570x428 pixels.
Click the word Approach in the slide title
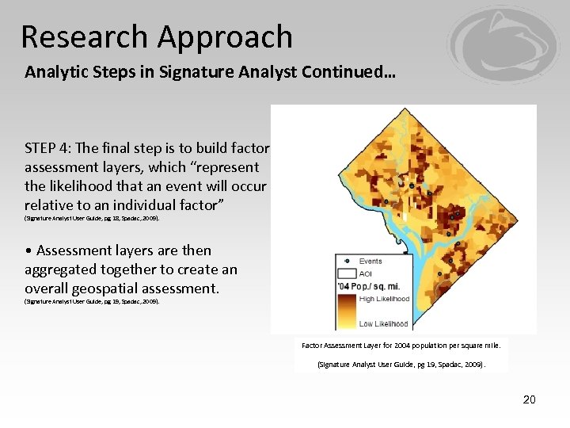(225, 37)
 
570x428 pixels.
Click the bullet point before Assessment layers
(28, 250)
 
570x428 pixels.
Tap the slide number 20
(529, 399)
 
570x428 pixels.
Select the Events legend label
(370, 261)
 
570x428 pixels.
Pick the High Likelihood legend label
(384, 299)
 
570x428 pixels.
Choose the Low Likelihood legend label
(383, 323)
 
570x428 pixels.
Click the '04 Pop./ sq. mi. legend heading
(370, 285)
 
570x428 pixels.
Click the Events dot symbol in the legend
(346, 261)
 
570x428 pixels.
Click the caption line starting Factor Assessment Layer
(401, 345)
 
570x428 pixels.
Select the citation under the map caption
(401, 365)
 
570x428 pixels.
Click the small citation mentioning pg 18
(92, 217)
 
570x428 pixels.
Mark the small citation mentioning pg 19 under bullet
(92, 301)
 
